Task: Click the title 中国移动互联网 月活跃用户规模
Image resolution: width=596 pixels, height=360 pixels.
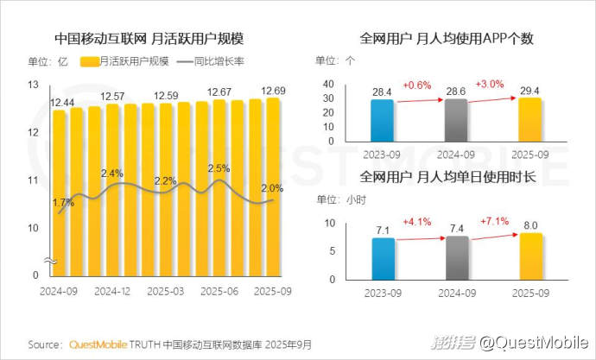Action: click(149, 39)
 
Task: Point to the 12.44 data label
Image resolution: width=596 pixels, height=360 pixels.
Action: click(61, 103)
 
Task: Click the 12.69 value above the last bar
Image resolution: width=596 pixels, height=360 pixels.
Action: click(273, 91)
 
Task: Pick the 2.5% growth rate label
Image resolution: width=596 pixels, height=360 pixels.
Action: click(219, 168)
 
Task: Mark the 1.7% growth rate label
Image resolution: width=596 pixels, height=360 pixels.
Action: click(62, 204)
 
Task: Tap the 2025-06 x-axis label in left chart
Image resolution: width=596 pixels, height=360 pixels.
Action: click(220, 292)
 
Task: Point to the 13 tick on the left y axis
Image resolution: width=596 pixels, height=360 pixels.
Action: click(34, 85)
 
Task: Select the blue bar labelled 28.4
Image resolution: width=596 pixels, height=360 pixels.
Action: click(382, 121)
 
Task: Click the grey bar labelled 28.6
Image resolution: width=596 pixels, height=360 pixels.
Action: click(456, 121)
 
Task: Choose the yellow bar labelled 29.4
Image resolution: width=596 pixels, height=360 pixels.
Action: click(529, 120)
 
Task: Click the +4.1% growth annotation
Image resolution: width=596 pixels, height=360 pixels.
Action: click(416, 220)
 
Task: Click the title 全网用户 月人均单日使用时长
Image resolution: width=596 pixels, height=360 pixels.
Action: click(449, 178)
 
